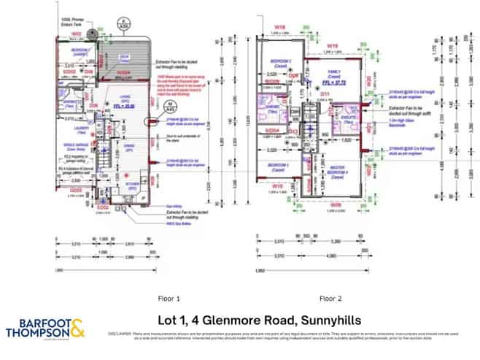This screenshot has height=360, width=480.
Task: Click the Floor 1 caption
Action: point(169,298)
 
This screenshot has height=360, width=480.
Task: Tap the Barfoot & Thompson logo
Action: point(45,328)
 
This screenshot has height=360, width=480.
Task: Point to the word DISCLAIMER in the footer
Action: point(120,333)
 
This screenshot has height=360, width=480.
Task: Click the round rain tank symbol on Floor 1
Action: point(92,34)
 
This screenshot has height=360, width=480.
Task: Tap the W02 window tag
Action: point(76,34)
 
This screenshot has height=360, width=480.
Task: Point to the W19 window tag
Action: point(334,45)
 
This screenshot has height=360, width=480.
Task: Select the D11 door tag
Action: point(327,94)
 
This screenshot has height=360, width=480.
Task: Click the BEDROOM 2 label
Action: point(281,60)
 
